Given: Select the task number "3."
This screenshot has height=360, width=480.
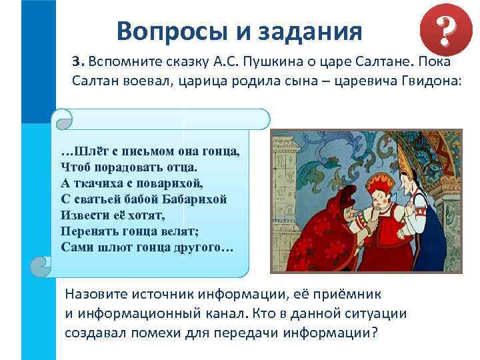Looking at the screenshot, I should point(78,61).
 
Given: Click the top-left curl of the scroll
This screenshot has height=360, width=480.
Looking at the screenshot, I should point(63,120).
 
